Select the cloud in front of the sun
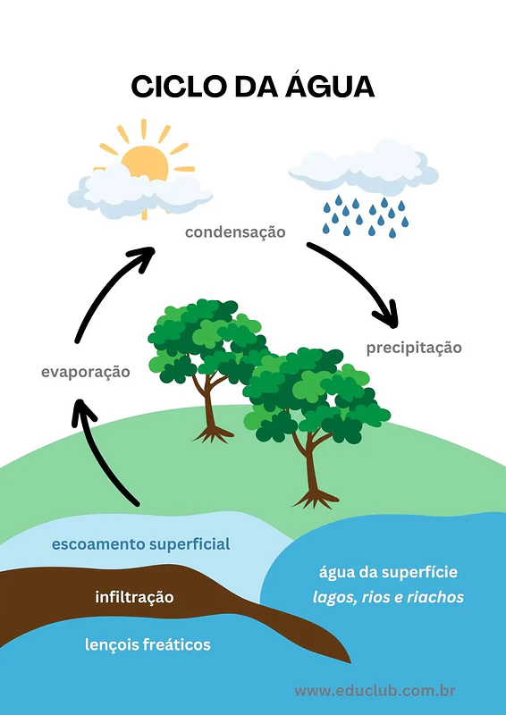(x=140, y=190)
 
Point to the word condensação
(x=235, y=232)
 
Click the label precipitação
(x=414, y=348)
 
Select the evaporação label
(x=85, y=372)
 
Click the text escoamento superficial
(x=140, y=544)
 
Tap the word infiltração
(x=134, y=597)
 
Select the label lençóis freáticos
(x=148, y=644)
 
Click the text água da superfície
(x=388, y=572)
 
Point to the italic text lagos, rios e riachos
(x=388, y=597)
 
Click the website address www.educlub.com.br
(x=375, y=691)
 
